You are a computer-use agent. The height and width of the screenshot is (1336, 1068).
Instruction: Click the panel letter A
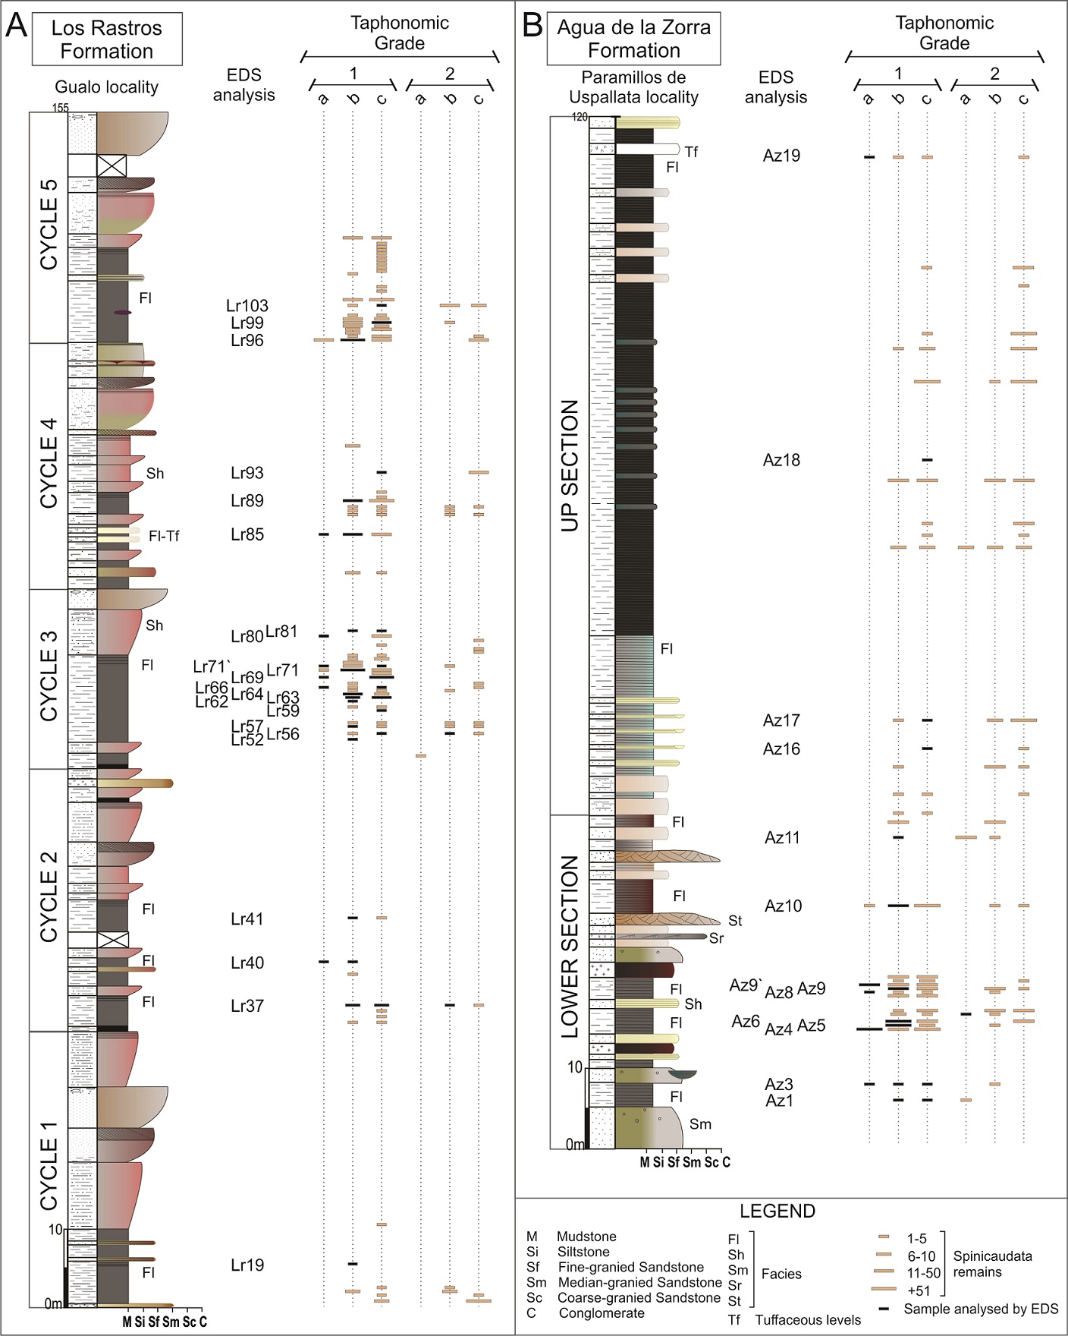(x=16, y=27)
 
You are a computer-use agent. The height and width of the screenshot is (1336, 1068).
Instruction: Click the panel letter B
(x=532, y=26)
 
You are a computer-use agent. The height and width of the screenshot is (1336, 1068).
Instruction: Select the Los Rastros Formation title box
(x=107, y=39)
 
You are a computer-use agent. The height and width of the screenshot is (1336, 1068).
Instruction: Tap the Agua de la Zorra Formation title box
(x=633, y=39)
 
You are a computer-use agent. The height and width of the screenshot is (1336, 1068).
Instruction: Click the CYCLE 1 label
(x=49, y=1165)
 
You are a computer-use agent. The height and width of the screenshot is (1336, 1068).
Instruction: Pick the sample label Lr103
(x=247, y=306)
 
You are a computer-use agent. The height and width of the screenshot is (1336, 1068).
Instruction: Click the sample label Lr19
(x=247, y=1265)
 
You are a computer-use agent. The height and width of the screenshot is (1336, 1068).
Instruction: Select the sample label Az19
(x=781, y=156)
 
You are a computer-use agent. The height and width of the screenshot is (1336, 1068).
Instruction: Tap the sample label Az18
(x=781, y=460)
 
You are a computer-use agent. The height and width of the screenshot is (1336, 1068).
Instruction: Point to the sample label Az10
(x=783, y=906)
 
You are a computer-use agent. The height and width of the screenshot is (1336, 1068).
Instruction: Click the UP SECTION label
(x=570, y=465)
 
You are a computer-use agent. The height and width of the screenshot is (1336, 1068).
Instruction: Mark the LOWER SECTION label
(x=570, y=947)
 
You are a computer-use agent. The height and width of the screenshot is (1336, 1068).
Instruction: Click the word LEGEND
(x=777, y=1211)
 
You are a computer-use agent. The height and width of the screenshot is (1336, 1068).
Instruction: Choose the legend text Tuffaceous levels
(x=808, y=1320)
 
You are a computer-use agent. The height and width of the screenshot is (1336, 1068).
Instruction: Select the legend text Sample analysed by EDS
(x=981, y=1309)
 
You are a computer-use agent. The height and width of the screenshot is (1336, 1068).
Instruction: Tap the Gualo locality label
(x=107, y=87)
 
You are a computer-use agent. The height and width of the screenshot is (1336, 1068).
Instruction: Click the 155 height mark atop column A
(x=61, y=108)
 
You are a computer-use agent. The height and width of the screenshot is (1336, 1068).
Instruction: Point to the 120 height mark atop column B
(x=580, y=117)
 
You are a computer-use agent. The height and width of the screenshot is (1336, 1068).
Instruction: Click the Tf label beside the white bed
(x=691, y=152)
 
